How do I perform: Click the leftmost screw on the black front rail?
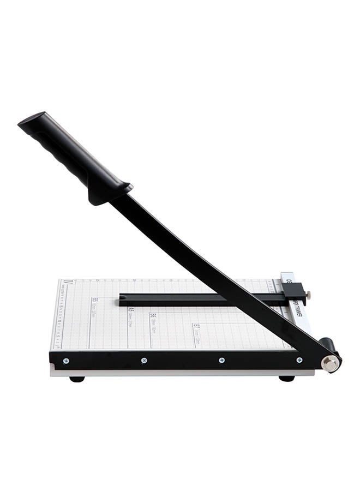[66, 361]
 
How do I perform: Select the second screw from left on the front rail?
[144, 361]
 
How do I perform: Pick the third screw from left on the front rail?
[221, 361]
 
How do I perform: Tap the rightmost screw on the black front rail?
[299, 361]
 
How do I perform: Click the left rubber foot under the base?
[77, 379]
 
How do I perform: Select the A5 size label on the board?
[131, 310]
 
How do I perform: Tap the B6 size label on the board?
[153, 316]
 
